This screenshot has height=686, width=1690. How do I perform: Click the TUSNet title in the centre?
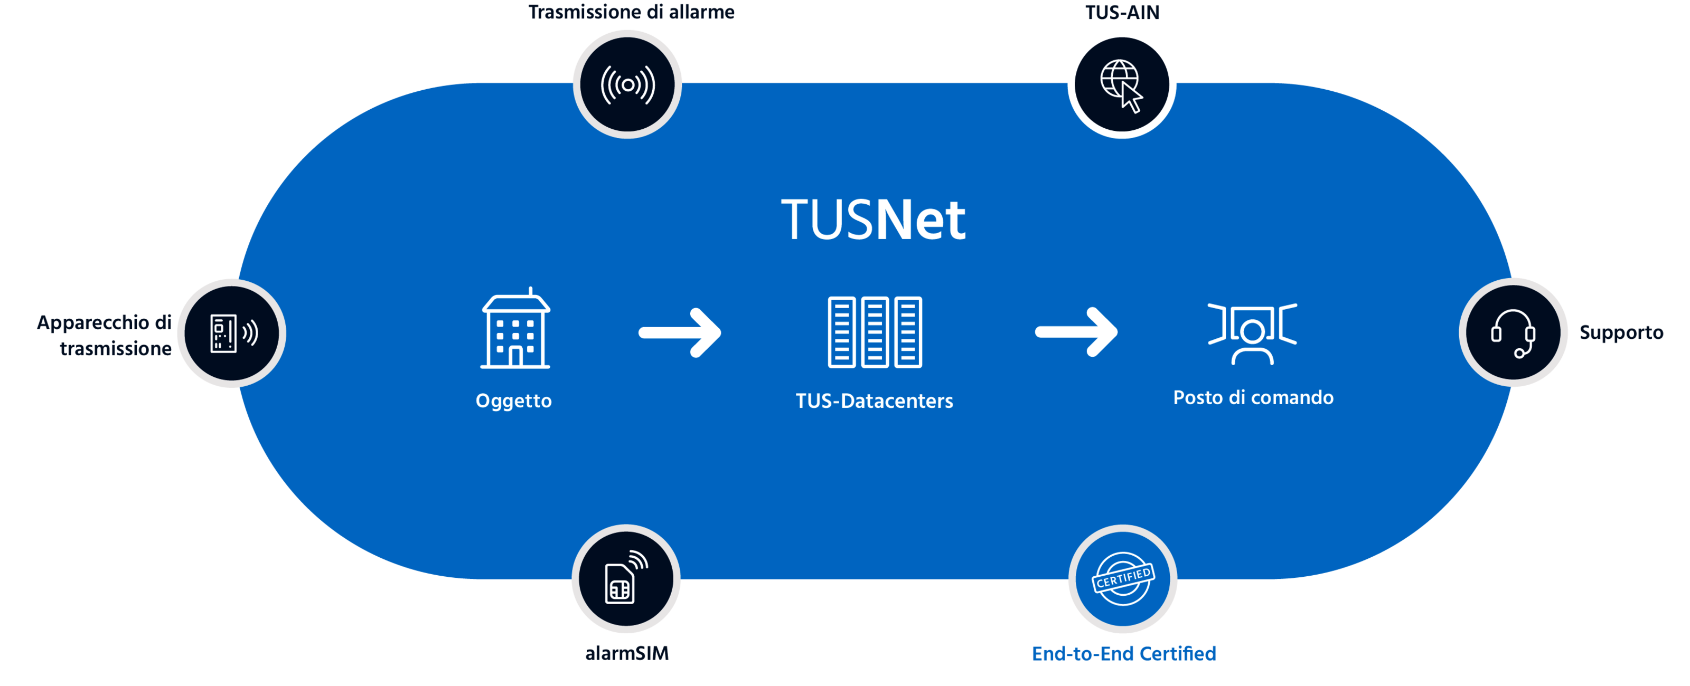coord(872,219)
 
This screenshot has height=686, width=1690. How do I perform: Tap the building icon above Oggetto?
coord(515,329)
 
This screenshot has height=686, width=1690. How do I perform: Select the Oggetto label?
coord(514,401)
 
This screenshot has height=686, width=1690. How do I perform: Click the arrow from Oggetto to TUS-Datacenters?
coord(680,332)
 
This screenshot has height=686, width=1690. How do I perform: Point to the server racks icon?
coord(875,332)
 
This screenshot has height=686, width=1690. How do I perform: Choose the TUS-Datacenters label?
coord(874,401)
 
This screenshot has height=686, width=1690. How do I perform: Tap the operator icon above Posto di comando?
coord(1252,333)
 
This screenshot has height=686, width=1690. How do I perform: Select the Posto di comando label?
coord(1253,397)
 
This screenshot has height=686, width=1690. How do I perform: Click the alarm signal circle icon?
coord(628,84)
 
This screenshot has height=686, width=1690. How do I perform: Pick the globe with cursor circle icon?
coord(1121,84)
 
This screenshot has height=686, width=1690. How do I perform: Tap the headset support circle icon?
coord(1513,332)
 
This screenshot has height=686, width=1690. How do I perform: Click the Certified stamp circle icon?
coord(1122,578)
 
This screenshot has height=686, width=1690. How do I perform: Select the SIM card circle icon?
coord(626,578)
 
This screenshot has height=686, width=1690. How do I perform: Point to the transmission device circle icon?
coord(232,332)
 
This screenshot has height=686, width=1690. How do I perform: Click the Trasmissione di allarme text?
coord(631,12)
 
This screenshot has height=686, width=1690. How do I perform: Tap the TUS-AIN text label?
coord(1122,12)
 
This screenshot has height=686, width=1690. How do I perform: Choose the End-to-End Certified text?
coord(1123,653)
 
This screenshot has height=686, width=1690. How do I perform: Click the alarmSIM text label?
coord(626,653)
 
